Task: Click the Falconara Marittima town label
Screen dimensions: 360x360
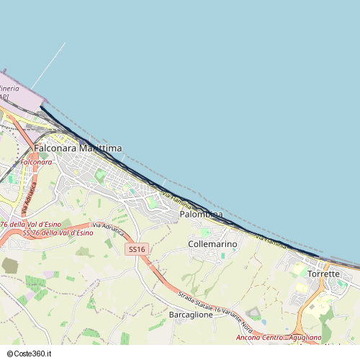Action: [x=78, y=148]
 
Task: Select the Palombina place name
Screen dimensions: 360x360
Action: [x=201, y=215]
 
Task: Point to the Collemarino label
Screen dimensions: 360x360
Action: [x=212, y=244]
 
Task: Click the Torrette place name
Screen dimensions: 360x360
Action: [x=323, y=274]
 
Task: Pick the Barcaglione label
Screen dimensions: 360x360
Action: [x=191, y=315]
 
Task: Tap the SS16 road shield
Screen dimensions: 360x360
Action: [x=136, y=249]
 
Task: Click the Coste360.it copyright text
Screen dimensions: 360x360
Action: [x=34, y=354]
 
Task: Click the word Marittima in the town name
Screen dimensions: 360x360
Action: [x=100, y=148]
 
